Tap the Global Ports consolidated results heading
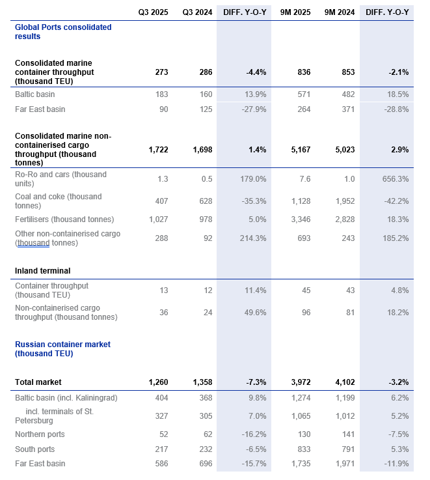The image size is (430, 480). [x=62, y=32]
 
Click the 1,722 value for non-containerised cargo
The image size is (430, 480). [x=159, y=150]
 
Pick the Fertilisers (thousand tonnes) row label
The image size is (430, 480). [x=64, y=219]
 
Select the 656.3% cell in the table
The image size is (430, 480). [x=396, y=179]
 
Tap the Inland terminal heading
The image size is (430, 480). [x=42, y=270]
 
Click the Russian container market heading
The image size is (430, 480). [x=62, y=349]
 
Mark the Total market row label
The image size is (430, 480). [x=38, y=382]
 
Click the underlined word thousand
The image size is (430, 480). [x=36, y=243]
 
